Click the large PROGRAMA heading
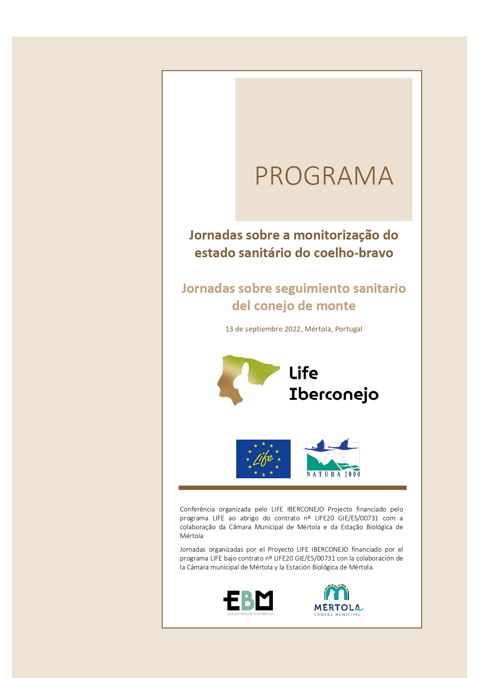(x=324, y=176)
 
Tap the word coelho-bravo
(x=354, y=253)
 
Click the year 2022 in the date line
(x=293, y=329)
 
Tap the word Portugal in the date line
(x=349, y=329)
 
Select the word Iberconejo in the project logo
(x=334, y=394)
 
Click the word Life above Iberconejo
(x=304, y=373)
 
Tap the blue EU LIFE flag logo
(x=263, y=459)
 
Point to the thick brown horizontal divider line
(x=293, y=488)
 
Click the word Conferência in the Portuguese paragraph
(x=197, y=509)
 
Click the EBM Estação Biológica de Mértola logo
(x=248, y=602)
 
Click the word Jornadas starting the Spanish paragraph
(x=192, y=549)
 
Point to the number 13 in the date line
(x=229, y=329)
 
